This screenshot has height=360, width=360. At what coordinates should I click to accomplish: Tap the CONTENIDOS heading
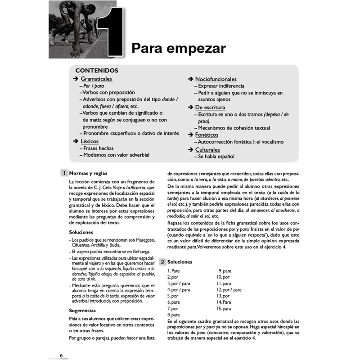(97, 71)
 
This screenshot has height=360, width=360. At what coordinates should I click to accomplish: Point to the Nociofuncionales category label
(216, 79)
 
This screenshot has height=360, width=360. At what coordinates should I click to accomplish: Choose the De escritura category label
(210, 108)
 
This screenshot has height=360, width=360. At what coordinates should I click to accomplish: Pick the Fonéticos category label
(207, 135)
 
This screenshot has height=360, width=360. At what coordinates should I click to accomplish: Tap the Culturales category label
(207, 149)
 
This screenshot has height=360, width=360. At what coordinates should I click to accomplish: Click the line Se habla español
(215, 157)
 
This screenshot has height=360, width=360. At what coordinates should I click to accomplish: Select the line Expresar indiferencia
(220, 86)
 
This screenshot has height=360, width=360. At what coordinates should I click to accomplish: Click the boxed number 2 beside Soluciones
(161, 262)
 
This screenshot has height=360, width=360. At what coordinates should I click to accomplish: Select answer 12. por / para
(229, 290)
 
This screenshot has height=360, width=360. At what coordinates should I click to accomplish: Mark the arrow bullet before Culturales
(191, 149)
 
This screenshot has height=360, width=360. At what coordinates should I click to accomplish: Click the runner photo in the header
(74, 29)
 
